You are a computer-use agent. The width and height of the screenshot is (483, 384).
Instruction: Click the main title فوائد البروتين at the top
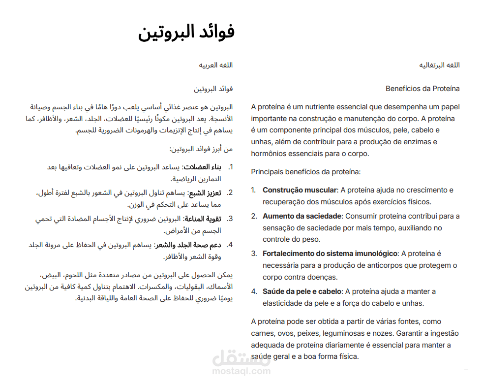pyautogui.click(x=186, y=32)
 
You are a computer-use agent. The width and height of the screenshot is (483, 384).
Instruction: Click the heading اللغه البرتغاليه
pyautogui.click(x=439, y=65)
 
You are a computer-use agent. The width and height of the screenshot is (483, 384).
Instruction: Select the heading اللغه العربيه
pyautogui.click(x=215, y=65)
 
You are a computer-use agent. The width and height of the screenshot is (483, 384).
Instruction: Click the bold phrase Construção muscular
pyautogui.click(x=300, y=190)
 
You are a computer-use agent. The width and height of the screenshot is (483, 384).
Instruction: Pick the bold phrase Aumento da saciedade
pyautogui.click(x=302, y=216)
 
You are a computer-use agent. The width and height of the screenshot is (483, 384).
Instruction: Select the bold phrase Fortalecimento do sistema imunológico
pyautogui.click(x=330, y=254)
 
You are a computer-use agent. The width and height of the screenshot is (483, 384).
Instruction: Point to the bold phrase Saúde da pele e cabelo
pyautogui.click(x=302, y=291)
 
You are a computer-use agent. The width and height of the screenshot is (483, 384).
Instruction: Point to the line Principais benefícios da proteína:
pyautogui.click(x=305, y=172)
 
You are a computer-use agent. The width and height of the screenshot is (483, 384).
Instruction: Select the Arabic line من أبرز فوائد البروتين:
pyautogui.click(x=201, y=149)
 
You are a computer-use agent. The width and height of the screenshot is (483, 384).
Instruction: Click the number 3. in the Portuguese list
pyautogui.click(x=254, y=254)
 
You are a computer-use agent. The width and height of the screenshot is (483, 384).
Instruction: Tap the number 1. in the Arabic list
pyautogui.click(x=230, y=167)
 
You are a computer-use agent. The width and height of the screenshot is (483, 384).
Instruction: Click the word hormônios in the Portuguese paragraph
pyautogui.click(x=268, y=154)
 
